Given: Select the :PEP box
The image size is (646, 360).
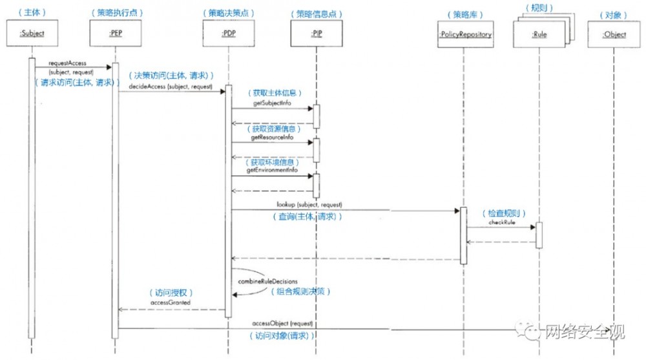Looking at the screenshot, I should pos(117,34).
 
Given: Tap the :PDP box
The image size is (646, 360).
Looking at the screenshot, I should pos(228,34).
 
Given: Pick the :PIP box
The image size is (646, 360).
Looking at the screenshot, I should pos(317,34).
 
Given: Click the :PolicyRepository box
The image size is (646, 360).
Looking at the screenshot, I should pos(465,34).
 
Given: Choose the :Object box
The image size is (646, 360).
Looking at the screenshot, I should pos(614,34).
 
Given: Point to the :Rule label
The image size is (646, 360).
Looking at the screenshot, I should pos(539,35).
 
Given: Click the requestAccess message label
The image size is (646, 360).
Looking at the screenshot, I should pos(67,63).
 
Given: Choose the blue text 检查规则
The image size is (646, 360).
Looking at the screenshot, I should pos(503,213).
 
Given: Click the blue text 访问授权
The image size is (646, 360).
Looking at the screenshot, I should pos(171,292).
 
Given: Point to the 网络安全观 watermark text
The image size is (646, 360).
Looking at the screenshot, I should pos(585,332).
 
